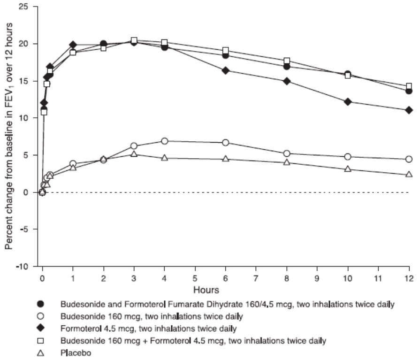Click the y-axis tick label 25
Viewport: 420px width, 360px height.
pos(23,7)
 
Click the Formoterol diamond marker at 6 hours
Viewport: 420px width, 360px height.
pos(226,70)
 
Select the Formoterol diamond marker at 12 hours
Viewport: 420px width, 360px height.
pos(409,110)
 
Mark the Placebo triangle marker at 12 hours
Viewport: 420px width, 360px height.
pos(409,174)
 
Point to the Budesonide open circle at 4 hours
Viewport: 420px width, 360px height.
pos(165,141)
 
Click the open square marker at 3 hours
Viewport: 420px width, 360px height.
pos(134,40)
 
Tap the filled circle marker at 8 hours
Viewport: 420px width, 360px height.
pos(287,66)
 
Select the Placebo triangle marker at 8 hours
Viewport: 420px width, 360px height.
pos(287,162)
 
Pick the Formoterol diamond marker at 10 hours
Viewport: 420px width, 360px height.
pos(348,101)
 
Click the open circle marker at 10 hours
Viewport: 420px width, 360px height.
pos(348,157)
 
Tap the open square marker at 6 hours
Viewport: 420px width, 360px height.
pos(226,50)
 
